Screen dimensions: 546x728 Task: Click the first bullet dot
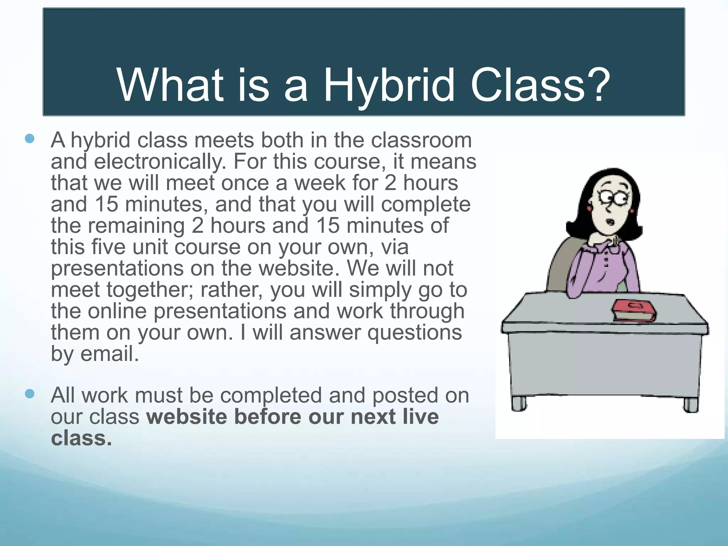[30, 139]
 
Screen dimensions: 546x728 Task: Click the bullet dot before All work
[30, 394]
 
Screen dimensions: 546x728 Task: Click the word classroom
[421, 140]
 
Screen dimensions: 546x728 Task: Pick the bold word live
[421, 417]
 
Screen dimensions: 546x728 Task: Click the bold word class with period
[81, 438]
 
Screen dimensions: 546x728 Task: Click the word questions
[414, 333]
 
